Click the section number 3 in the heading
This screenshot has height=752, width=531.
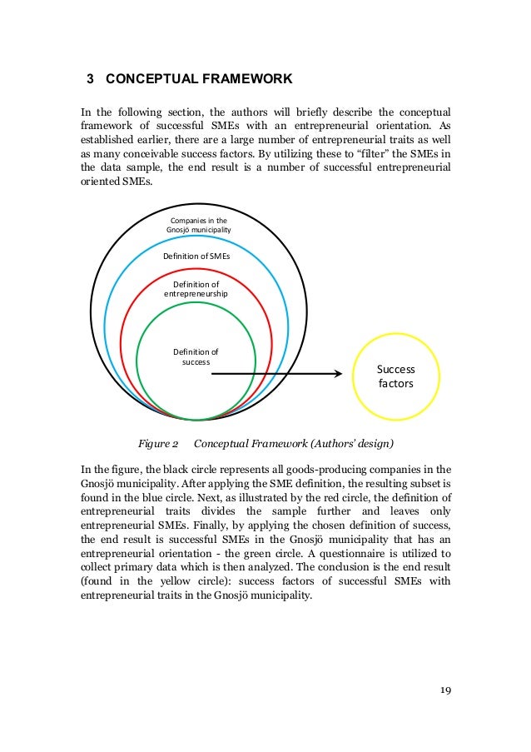(x=91, y=80)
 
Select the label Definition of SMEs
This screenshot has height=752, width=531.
(x=196, y=256)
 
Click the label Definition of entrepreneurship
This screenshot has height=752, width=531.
(x=196, y=289)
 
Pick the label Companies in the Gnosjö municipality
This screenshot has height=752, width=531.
(x=196, y=225)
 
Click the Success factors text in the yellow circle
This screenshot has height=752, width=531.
(x=395, y=376)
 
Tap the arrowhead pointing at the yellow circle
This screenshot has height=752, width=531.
(x=337, y=374)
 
